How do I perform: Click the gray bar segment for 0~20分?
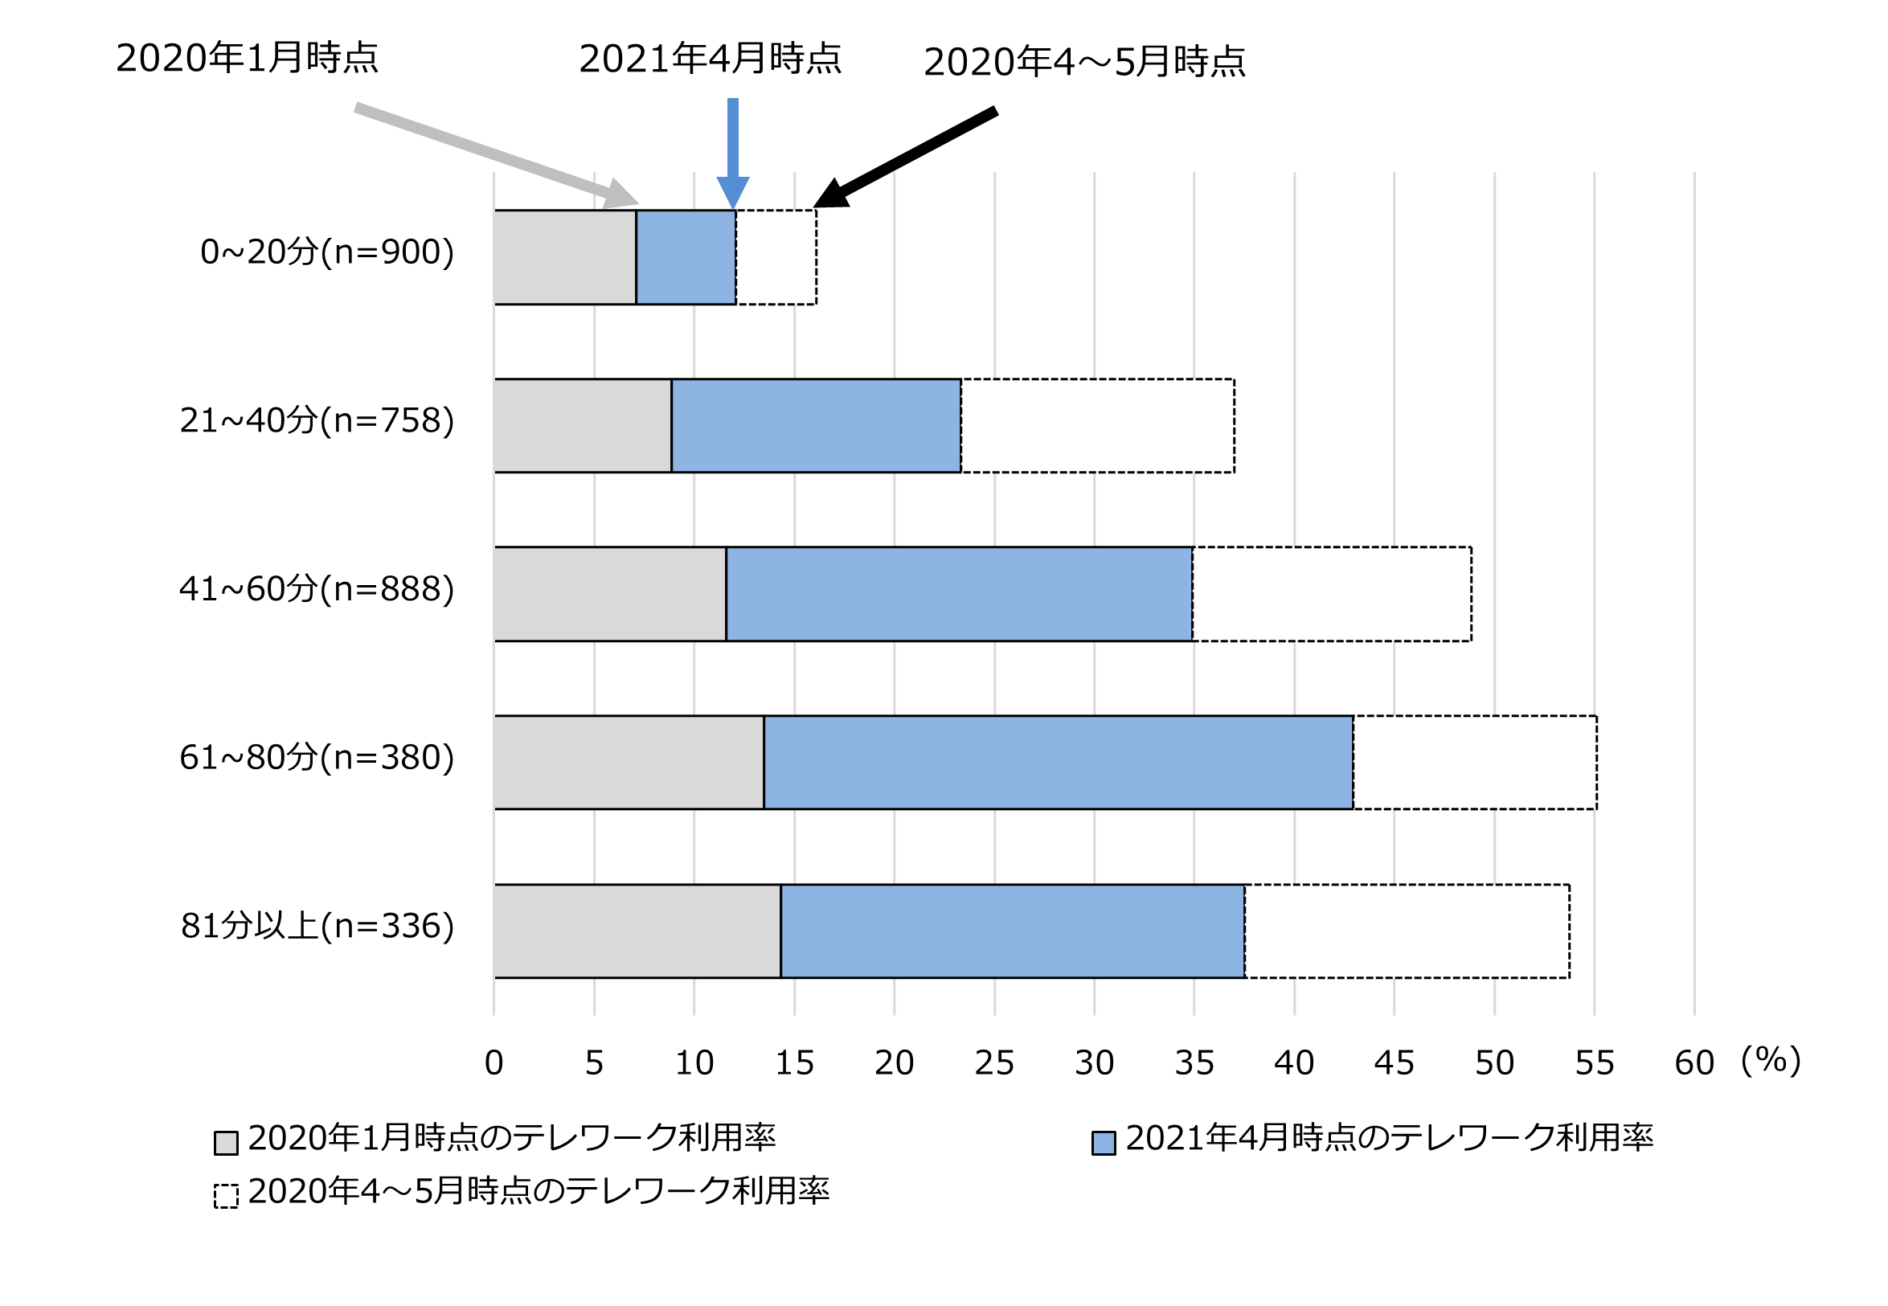pos(565,257)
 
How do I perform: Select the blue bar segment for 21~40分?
pos(816,425)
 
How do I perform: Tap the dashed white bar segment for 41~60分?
pos(1332,594)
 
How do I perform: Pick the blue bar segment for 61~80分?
pos(1059,763)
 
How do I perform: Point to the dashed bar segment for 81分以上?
pos(1407,931)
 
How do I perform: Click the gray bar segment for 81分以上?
pos(637,931)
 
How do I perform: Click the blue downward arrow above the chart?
pos(732,151)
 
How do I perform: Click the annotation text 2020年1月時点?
pos(247,58)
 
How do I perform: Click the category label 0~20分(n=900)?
pos(326,252)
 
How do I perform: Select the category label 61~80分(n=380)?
pos(317,758)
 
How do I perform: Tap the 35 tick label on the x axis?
pos(1194,1064)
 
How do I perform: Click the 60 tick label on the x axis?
pos(1694,1064)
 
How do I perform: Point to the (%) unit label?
pos(1771,1061)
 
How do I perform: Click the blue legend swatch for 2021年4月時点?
pos(1104,1143)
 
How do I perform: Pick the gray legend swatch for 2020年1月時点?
pos(226,1143)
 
